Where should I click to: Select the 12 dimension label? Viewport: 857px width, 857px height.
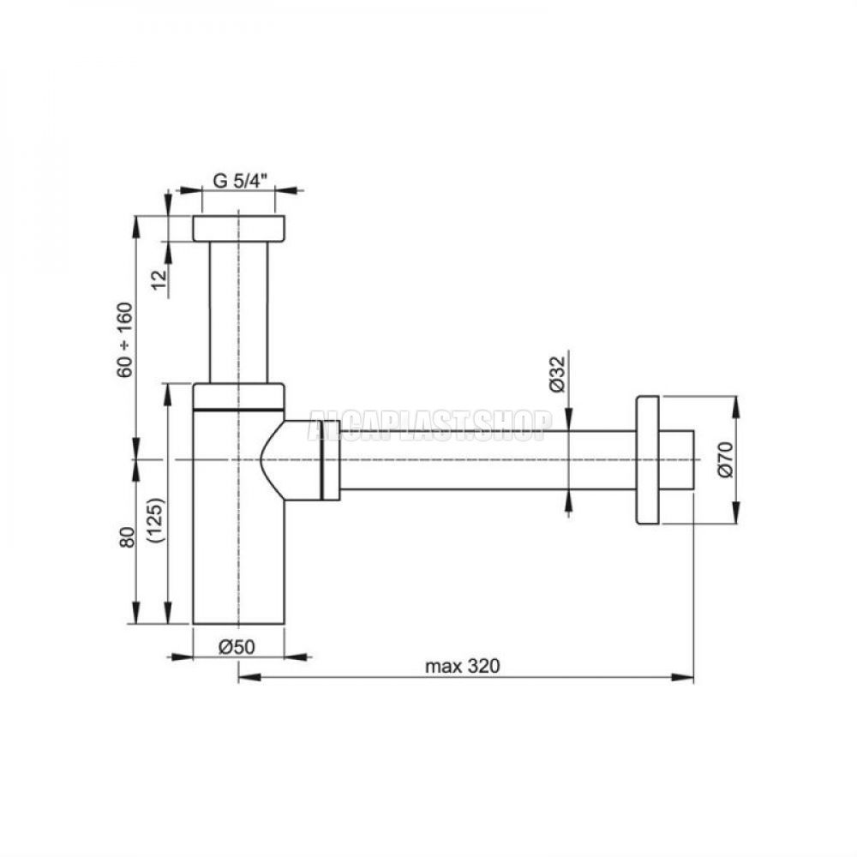pos(159,280)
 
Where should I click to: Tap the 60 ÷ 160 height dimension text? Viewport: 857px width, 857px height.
pos(124,339)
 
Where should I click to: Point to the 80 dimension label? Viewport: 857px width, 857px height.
pos(128,537)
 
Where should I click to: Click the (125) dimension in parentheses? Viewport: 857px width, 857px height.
pos(156,520)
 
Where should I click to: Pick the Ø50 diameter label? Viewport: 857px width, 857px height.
pos(237,647)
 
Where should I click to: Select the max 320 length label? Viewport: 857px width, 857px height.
pos(463,666)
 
